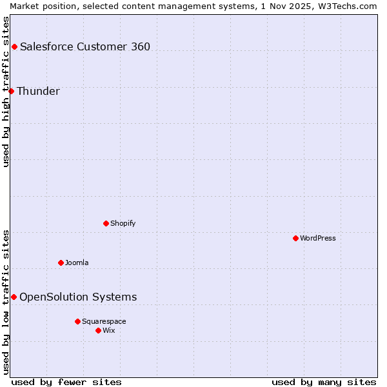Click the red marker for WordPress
[295, 238]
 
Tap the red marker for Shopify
[106, 223]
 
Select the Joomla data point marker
[61, 263]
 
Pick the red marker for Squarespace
[77, 321]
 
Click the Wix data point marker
[98, 330]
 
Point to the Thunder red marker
[11, 91]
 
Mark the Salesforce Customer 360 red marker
[14, 46]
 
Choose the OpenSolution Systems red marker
[14, 297]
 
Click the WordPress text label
[318, 238]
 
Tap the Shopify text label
[123, 223]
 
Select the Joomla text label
[77, 263]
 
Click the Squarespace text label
[104, 321]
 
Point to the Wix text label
[109, 330]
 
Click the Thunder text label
[38, 91]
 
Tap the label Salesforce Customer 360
[85, 46]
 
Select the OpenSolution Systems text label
[78, 297]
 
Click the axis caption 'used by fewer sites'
[66, 382]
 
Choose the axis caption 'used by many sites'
[324, 382]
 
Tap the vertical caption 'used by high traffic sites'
[6, 92]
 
